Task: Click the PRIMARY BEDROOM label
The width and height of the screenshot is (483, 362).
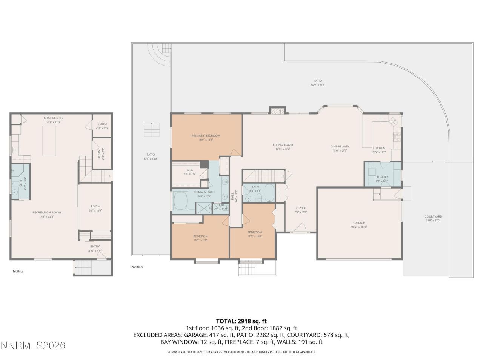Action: pyautogui.click(x=206, y=136)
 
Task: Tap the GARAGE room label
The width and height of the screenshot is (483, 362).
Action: pyautogui.click(x=359, y=223)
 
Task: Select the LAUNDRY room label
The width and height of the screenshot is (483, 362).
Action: pyautogui.click(x=381, y=177)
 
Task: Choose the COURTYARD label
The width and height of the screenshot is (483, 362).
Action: pyautogui.click(x=433, y=216)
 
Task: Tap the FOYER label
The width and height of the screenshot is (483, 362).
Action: pyautogui.click(x=301, y=208)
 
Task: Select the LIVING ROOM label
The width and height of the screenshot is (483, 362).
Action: pyautogui.click(x=283, y=145)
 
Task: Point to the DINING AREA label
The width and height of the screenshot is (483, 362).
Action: pyautogui.click(x=340, y=146)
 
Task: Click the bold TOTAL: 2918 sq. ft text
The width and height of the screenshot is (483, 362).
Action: pyautogui.click(x=241, y=321)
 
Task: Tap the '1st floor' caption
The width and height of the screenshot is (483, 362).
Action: pyautogui.click(x=18, y=271)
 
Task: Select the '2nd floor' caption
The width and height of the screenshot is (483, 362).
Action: pyautogui.click(x=137, y=267)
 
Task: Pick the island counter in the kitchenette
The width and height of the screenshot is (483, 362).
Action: pyautogui.click(x=49, y=141)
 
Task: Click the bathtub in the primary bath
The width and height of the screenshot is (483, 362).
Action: pyautogui.click(x=181, y=201)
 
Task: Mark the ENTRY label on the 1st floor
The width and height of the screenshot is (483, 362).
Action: pyautogui.click(x=95, y=247)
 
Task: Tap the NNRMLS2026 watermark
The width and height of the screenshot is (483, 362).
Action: pyautogui.click(x=33, y=345)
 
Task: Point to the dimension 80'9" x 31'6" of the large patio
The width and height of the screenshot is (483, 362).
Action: pyautogui.click(x=318, y=85)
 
